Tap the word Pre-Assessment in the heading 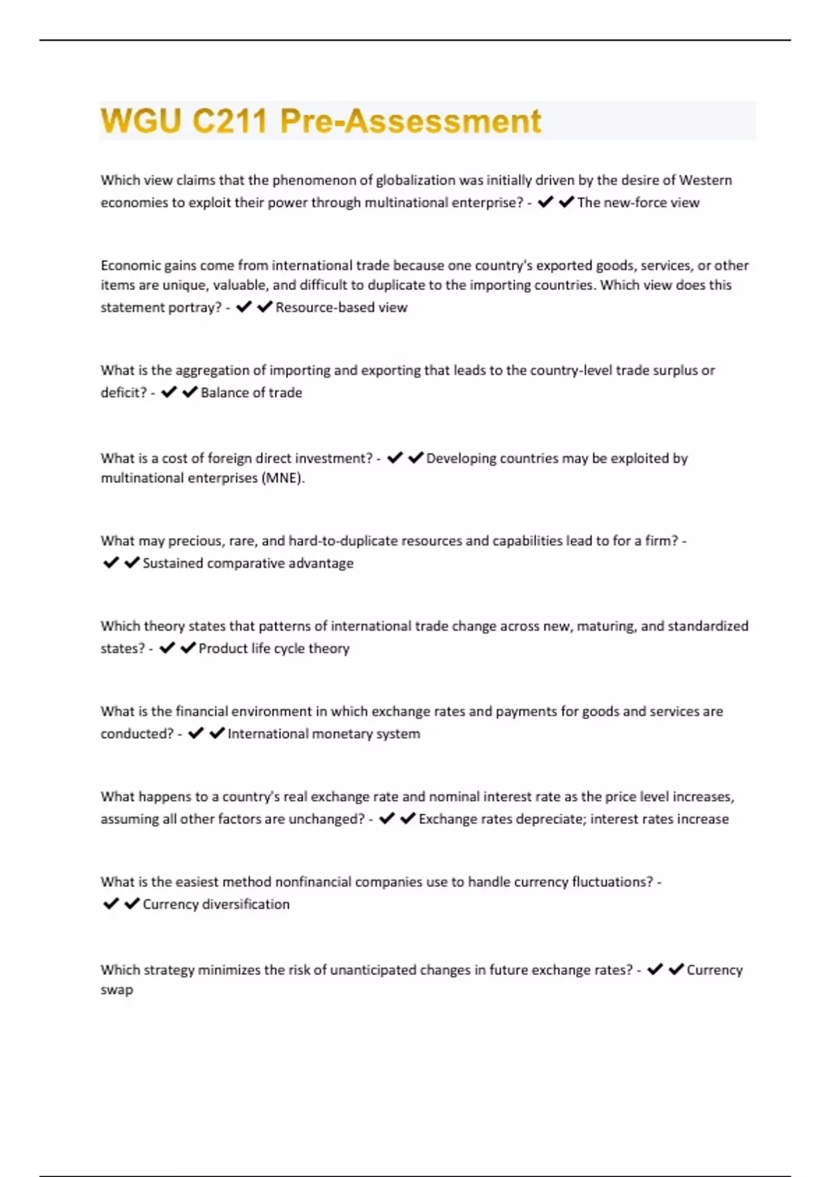410,121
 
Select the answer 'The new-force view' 638,203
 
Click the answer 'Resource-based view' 341,307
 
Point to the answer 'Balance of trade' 251,393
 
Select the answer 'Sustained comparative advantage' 248,564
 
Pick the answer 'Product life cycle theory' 274,649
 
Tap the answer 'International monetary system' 323,734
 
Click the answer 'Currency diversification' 216,904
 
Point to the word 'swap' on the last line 116,989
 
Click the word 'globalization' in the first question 415,180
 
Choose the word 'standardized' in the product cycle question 708,626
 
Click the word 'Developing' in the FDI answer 458,458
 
